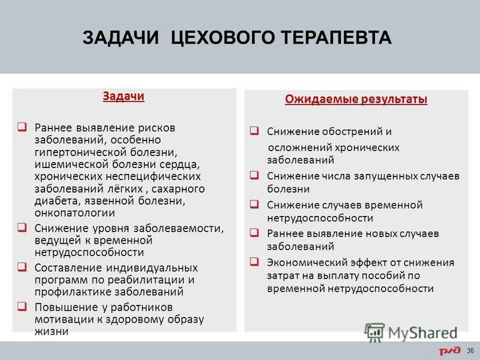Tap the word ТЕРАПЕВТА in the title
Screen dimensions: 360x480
click(337, 38)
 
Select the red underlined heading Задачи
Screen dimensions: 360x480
click(124, 97)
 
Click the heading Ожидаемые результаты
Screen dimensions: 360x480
click(356, 100)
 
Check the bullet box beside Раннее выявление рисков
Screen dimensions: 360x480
click(22, 127)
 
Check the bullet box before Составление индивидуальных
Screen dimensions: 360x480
click(22, 267)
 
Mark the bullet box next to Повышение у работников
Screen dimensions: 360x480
click(22, 307)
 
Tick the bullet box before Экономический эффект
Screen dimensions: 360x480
click(254, 262)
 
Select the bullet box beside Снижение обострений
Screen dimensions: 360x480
click(254, 131)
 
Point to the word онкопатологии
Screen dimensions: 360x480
click(74, 212)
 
